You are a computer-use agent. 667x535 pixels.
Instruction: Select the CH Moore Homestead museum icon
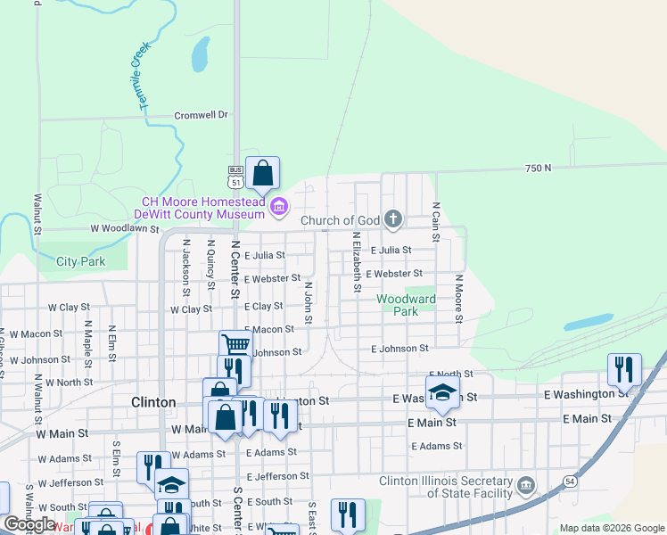pos(279,208)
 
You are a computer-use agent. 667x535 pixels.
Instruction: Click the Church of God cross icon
pos(393,219)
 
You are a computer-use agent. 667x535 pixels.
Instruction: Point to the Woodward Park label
pos(406,306)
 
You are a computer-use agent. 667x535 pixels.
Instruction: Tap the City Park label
pos(80,261)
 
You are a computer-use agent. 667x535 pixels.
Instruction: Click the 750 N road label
pos(538,168)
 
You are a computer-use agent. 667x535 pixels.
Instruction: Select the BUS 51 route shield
pos(235,177)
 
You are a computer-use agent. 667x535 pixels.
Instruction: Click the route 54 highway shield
pos(569,481)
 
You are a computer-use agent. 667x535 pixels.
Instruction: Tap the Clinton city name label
pos(153,402)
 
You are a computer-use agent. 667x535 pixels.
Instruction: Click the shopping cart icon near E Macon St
pos(235,343)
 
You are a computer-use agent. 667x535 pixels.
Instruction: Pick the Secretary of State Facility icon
pos(526,486)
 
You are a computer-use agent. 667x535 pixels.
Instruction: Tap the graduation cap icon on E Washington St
pos(442,390)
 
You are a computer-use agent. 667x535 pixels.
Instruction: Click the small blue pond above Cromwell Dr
pos(199,57)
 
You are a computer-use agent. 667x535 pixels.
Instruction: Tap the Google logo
pos(29,524)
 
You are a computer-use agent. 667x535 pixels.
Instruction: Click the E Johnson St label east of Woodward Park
pos(399,349)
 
